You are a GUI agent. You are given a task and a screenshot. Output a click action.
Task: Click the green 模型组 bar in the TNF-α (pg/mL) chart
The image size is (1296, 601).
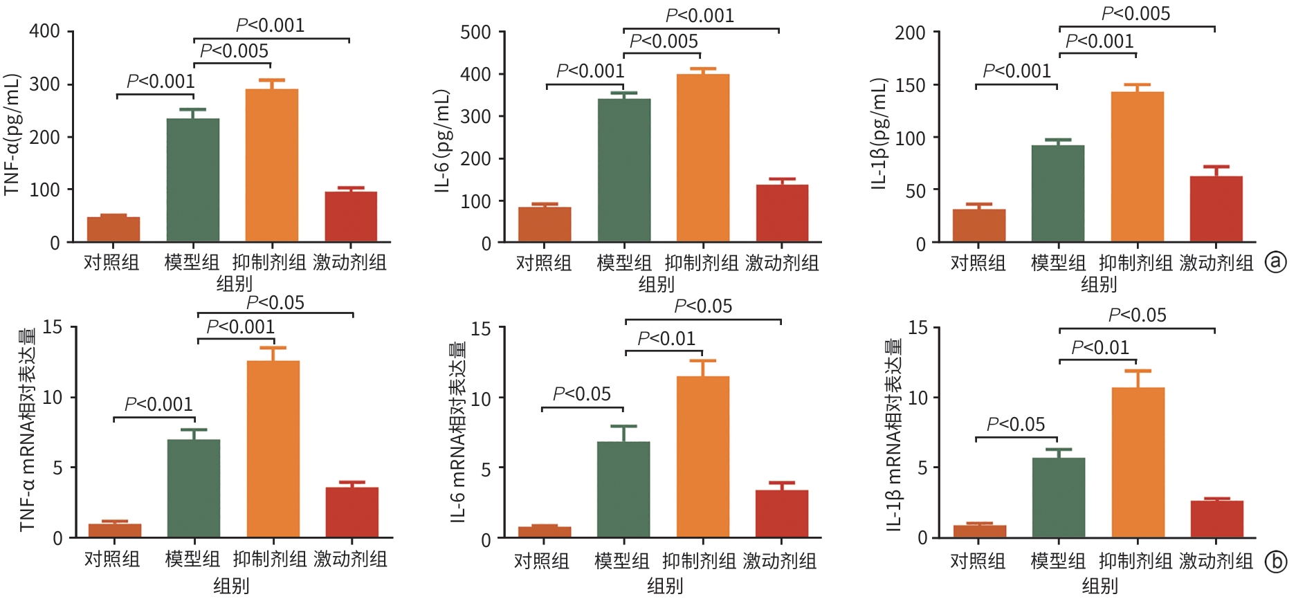[x=193, y=180]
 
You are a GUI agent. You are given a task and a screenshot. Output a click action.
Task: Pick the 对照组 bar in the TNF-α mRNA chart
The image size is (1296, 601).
[x=115, y=530]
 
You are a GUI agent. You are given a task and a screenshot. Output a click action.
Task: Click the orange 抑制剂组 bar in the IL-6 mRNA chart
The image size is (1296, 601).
[x=703, y=456]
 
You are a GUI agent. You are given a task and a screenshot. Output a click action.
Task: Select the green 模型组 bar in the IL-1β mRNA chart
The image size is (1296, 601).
[x=1058, y=497]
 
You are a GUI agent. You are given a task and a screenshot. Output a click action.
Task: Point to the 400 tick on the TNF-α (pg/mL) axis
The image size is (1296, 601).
[x=45, y=31]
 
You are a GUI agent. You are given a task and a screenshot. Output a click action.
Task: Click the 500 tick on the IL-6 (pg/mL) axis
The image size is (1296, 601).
[x=476, y=33]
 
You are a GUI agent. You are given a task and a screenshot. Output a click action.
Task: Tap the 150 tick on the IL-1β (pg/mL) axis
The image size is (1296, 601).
[x=910, y=85]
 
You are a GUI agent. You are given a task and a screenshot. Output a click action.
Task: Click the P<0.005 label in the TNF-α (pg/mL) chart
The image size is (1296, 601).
[x=234, y=51]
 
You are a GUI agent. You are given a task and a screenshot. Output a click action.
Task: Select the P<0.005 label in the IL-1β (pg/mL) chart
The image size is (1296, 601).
[x=1135, y=14]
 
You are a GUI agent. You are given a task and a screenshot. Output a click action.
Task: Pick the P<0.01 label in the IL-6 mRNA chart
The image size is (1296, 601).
[x=666, y=339]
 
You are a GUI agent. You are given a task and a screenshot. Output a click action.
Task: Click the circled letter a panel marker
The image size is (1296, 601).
[x=1275, y=261]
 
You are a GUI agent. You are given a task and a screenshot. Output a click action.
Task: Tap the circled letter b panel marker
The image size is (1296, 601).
[x=1275, y=562]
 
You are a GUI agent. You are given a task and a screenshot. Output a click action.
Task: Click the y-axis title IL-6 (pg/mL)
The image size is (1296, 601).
[x=443, y=140]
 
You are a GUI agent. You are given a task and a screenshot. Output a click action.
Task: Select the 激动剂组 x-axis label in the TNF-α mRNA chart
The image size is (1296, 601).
[x=350, y=559]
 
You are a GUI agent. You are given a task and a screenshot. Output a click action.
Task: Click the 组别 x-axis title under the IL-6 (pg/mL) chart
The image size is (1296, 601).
[x=656, y=284]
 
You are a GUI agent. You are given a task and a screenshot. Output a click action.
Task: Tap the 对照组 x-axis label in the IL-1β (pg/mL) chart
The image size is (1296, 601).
[x=978, y=263]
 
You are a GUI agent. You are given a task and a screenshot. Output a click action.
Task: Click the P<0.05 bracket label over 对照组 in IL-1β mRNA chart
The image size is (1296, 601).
[x=1016, y=425]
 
